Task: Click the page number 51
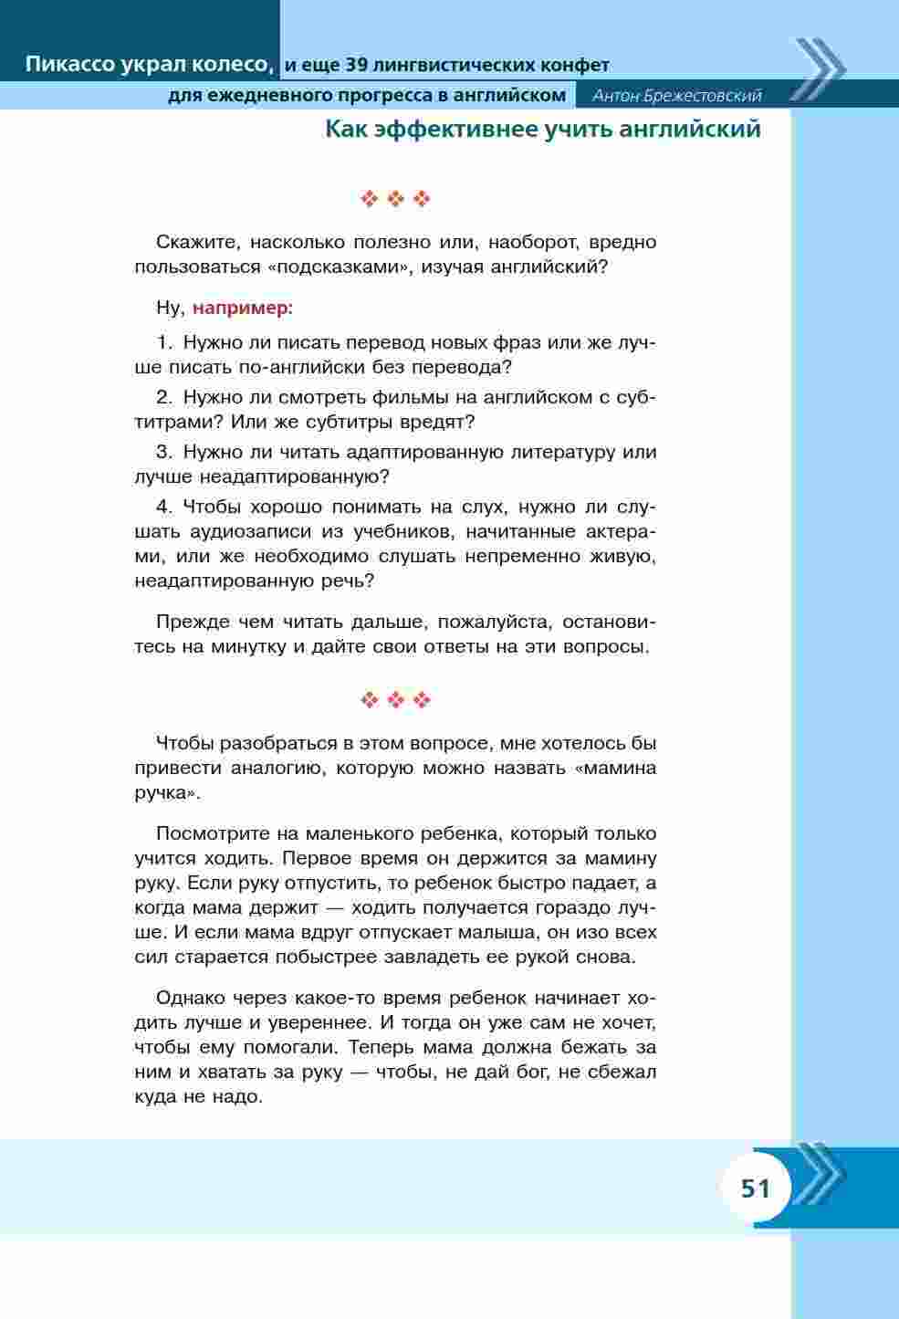point(755,1188)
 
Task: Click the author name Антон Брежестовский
point(676,96)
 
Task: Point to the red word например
point(242,309)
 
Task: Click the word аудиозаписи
point(242,532)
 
